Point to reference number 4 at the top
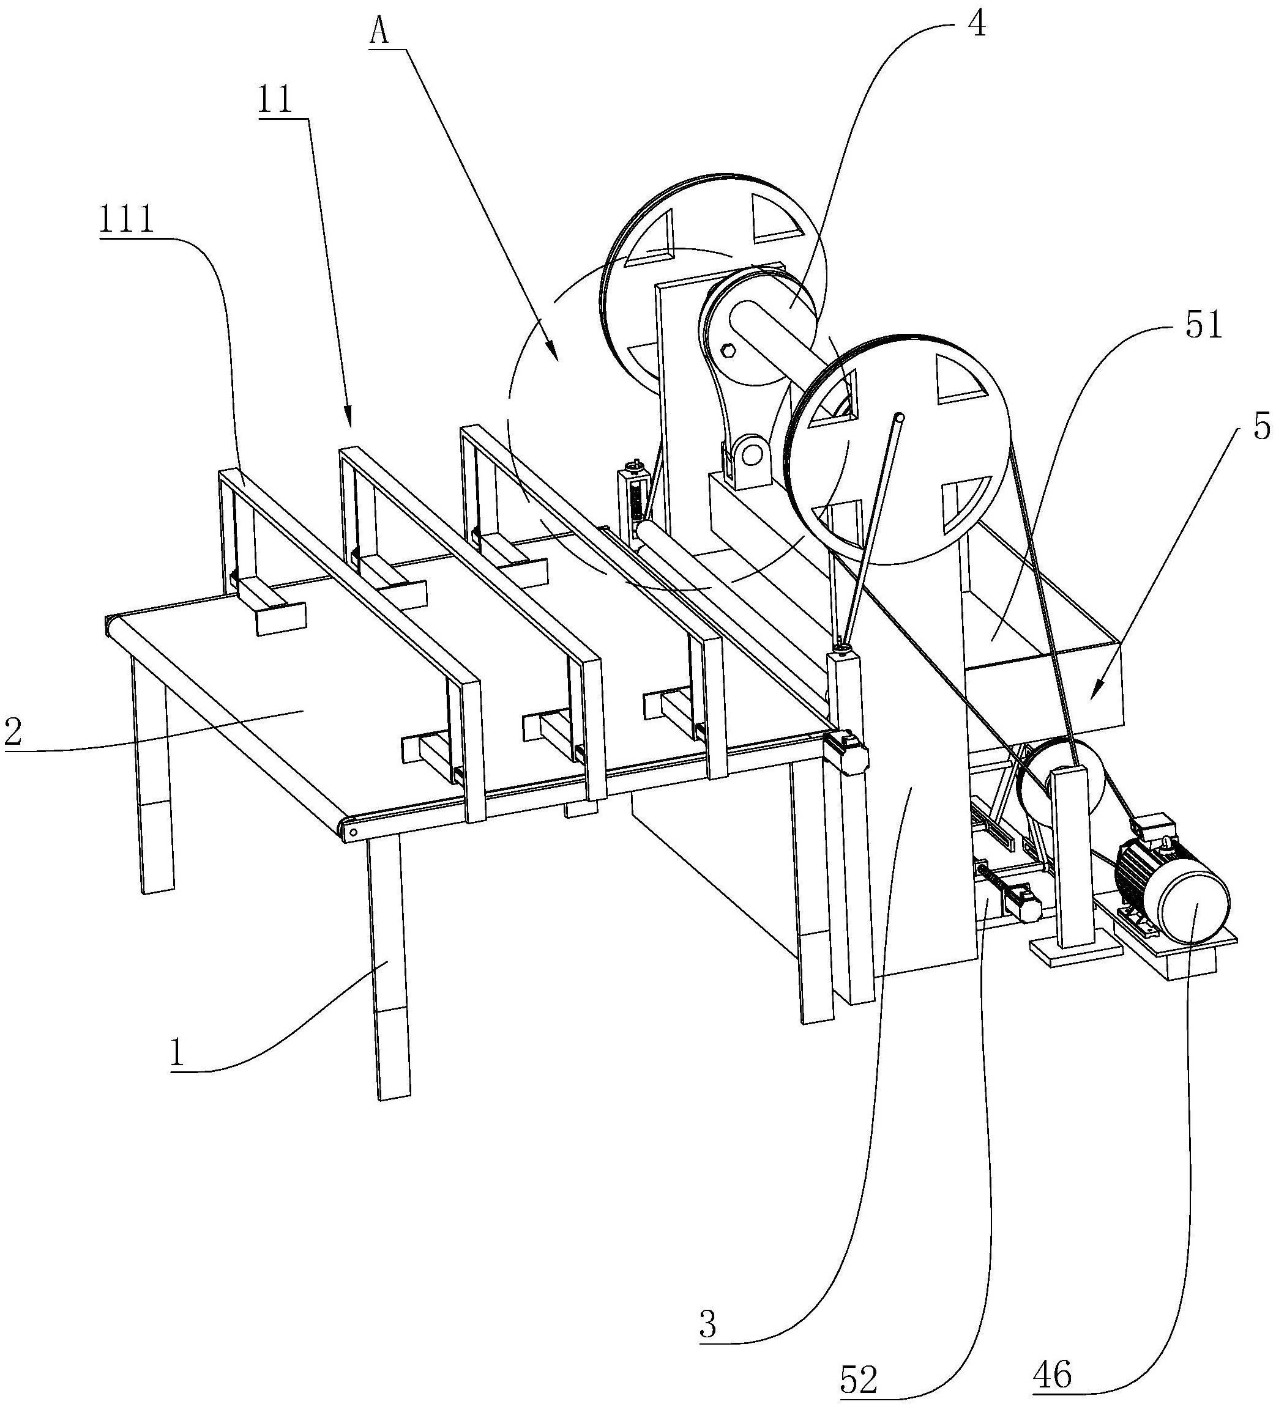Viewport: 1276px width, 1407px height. [976, 25]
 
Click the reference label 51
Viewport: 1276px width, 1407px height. [1203, 325]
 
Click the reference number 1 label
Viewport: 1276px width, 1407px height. [177, 1052]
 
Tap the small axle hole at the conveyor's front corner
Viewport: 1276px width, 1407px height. [353, 831]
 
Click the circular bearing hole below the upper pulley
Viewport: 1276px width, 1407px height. [752, 455]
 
